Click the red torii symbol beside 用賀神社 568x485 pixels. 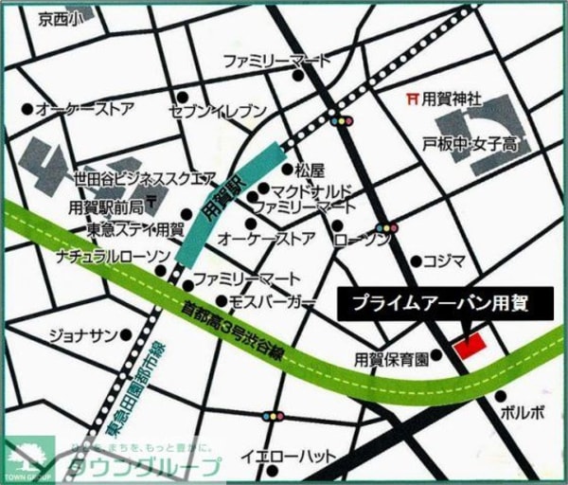(x=411, y=97)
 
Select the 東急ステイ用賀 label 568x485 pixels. (x=134, y=228)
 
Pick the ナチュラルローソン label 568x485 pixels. (x=111, y=257)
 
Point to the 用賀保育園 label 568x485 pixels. (x=392, y=359)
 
